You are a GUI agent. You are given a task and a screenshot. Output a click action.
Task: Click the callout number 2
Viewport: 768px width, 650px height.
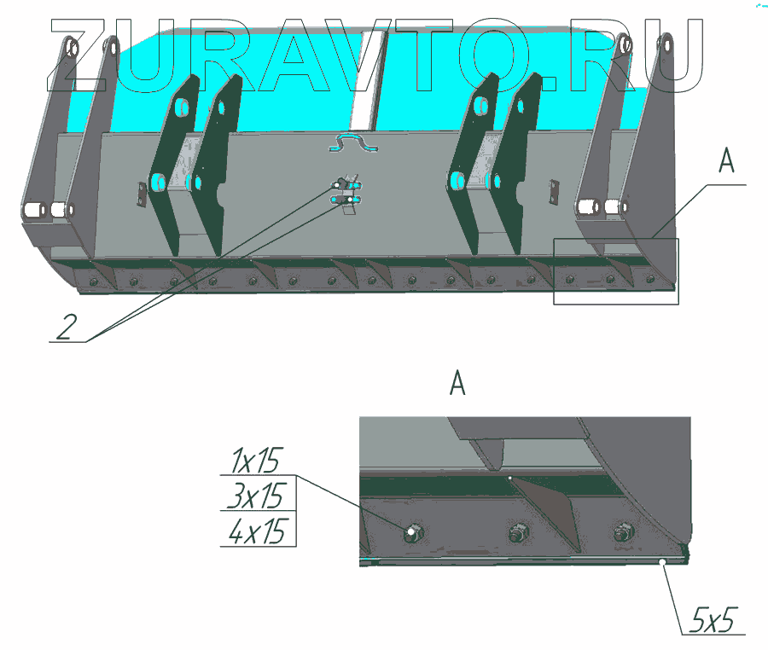coord(67,327)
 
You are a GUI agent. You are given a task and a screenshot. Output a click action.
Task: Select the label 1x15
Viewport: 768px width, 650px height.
coord(255,460)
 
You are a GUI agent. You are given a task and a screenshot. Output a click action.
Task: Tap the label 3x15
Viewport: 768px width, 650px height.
coord(256,496)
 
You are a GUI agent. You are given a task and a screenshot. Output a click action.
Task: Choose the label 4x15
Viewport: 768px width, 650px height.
coord(257,531)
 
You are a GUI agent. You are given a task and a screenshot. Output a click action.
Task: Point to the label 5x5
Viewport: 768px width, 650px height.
coord(713,619)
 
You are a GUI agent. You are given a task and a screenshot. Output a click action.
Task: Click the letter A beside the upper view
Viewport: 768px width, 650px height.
coord(726,160)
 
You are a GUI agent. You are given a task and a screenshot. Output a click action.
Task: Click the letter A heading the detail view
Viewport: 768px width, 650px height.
coord(457,383)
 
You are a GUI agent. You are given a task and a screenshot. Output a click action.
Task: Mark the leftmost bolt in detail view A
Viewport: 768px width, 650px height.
coord(412,532)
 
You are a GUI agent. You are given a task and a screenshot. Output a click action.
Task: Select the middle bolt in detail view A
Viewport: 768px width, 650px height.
coord(518,532)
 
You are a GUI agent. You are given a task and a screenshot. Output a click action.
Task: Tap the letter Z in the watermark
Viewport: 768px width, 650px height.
coord(77,55)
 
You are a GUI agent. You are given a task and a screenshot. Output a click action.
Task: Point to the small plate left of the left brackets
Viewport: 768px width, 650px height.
coord(142,194)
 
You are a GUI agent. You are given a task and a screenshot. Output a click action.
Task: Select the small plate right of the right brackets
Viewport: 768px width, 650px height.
coord(554,191)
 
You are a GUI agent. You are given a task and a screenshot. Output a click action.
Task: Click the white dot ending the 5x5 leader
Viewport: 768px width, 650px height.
coord(661,562)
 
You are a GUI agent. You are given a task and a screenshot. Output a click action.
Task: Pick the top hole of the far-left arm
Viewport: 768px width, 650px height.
coord(73,48)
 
